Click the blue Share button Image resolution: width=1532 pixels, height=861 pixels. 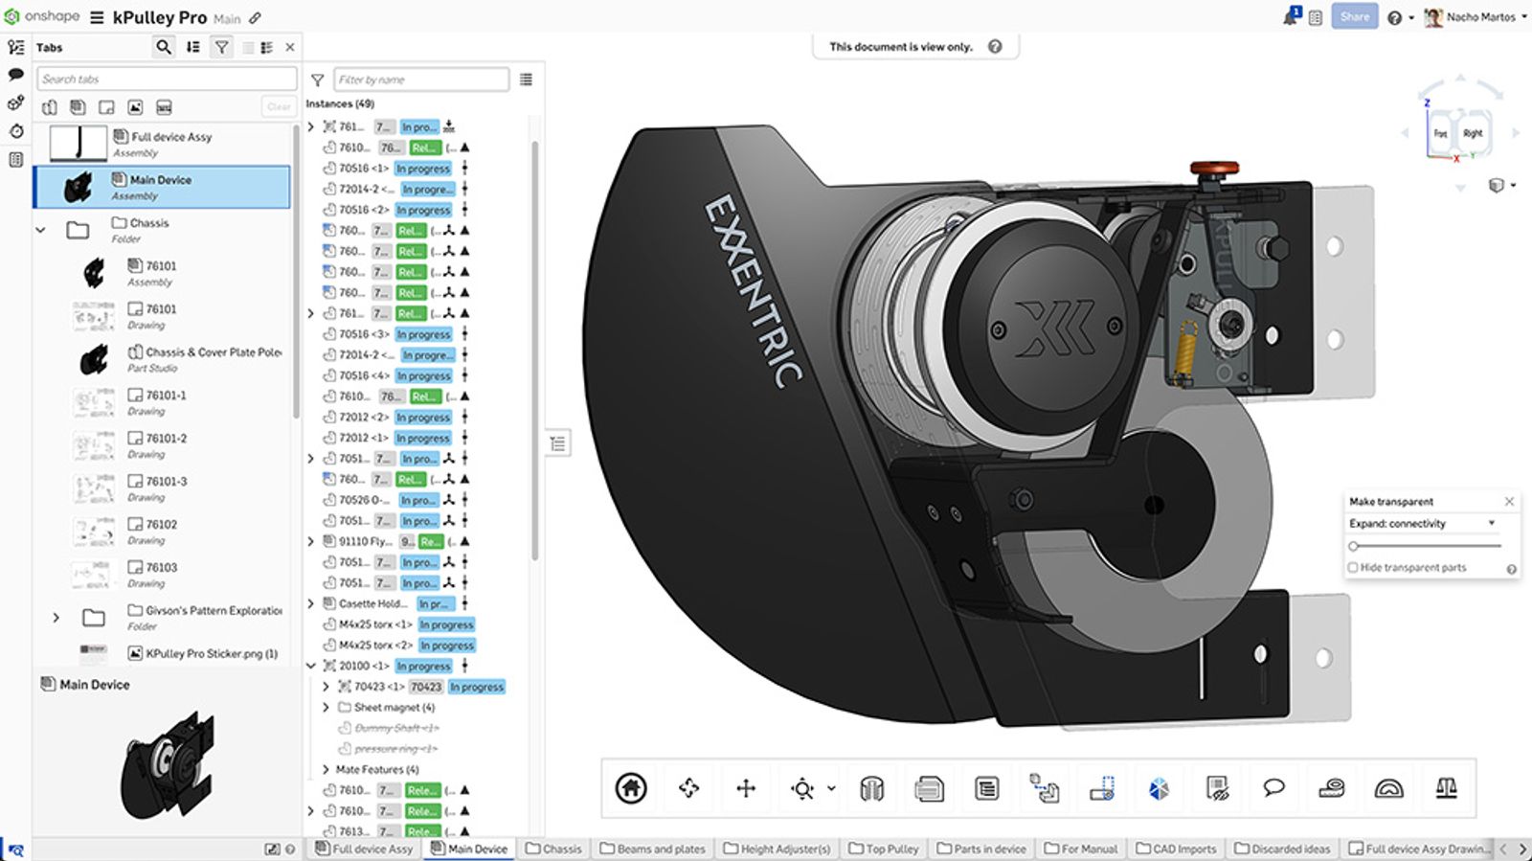[x=1354, y=16]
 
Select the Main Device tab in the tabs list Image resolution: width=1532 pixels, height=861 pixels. [x=161, y=187]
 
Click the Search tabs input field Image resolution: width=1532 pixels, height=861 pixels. [x=167, y=79]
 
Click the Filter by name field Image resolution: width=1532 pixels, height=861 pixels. [x=421, y=79]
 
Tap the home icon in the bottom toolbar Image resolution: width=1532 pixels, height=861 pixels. [x=631, y=788]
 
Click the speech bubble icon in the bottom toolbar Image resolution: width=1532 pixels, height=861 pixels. [x=1273, y=788]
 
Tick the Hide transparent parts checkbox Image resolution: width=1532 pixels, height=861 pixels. [x=1353, y=568]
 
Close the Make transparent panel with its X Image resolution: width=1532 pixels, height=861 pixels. [x=1509, y=501]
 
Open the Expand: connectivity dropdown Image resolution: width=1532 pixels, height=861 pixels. [x=1422, y=524]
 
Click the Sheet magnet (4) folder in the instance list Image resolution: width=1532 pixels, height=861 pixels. [x=394, y=708]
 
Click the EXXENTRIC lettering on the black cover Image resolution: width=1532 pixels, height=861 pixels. [x=753, y=291]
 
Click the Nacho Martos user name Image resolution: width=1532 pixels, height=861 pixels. [x=1480, y=16]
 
